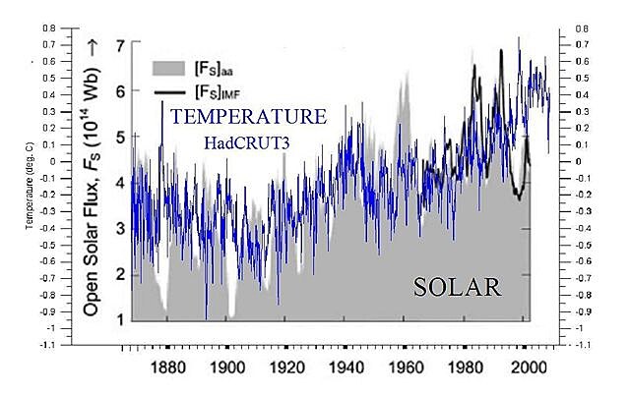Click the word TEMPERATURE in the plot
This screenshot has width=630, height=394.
point(248,117)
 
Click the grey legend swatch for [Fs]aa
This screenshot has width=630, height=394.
point(170,68)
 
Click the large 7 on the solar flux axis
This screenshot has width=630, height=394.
point(119,46)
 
